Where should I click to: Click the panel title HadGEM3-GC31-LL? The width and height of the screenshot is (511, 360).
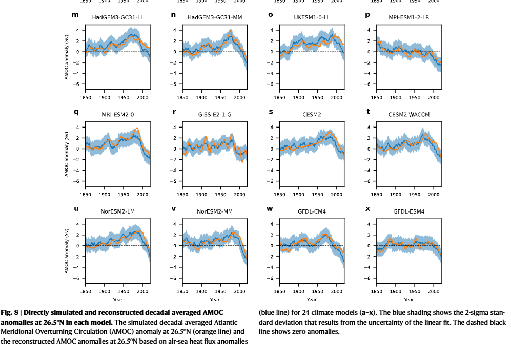click(x=117, y=17)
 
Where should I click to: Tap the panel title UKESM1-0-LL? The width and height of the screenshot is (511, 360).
click(x=312, y=17)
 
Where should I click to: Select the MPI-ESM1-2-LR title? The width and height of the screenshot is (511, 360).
click(x=408, y=17)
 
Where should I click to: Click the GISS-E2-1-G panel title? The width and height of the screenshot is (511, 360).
click(x=214, y=114)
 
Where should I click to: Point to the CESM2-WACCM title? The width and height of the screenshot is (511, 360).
click(x=408, y=114)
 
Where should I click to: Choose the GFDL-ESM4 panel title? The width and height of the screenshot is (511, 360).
click(x=408, y=211)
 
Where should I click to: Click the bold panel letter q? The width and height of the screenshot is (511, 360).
click(x=76, y=112)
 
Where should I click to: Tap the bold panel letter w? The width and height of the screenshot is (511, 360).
click(x=271, y=208)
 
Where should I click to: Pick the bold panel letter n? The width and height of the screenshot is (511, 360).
click(x=173, y=15)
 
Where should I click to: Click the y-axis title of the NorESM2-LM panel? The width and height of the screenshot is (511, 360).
click(x=67, y=251)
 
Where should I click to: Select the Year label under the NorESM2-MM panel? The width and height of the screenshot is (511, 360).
click(x=214, y=299)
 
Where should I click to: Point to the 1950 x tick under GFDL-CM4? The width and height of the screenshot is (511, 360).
click(x=318, y=291)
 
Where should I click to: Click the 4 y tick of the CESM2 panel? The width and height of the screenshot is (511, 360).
click(x=272, y=127)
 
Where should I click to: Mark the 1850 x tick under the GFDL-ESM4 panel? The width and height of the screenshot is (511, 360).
click(x=377, y=291)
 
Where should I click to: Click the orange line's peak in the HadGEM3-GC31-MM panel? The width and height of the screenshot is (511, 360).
click(x=231, y=31)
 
